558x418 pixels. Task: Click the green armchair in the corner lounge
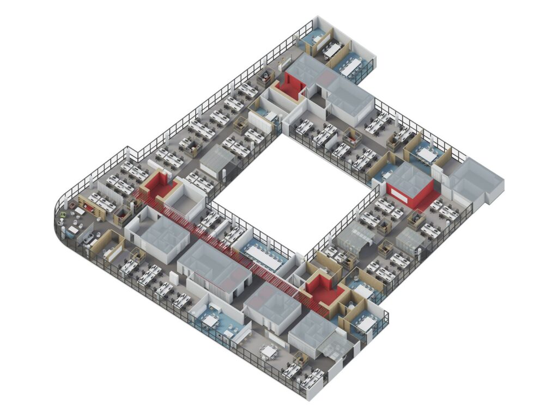[64, 216]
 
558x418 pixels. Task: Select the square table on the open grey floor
[268, 352]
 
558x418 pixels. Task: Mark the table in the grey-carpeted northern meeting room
[331, 50]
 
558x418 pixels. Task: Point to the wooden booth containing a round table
[266, 76]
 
